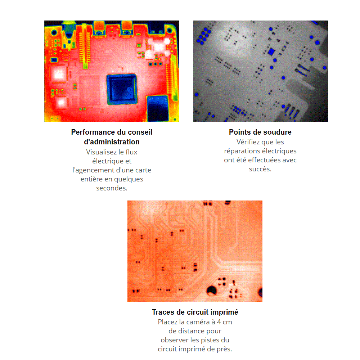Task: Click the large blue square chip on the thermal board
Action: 122,89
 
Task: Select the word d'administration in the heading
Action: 112,142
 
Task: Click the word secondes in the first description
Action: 112,188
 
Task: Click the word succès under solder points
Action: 260,169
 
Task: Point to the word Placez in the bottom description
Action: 167,322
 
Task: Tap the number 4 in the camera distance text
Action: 219,322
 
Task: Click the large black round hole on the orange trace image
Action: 211,291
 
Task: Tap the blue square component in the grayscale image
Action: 271,51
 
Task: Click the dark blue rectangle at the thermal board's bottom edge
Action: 158,108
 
